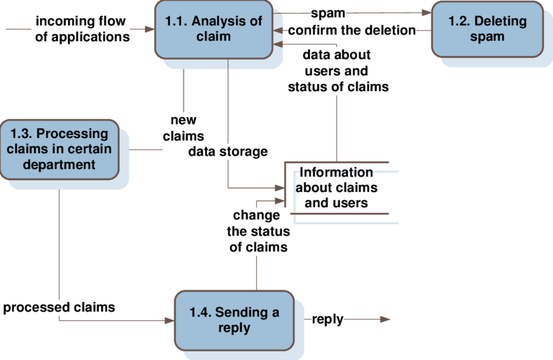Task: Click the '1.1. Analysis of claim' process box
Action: [x=213, y=29]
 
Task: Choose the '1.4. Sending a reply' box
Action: [x=234, y=320]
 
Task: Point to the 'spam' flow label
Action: [x=327, y=13]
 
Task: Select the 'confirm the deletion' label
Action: [x=351, y=30]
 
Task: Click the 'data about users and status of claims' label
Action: [x=336, y=71]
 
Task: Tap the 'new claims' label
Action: [x=183, y=128]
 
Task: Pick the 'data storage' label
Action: [x=228, y=152]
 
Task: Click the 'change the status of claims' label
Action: [x=256, y=231]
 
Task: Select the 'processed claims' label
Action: [x=59, y=307]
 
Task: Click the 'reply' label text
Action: [x=327, y=319]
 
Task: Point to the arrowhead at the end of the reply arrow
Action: [x=385, y=319]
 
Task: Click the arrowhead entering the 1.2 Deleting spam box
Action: [x=426, y=12]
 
